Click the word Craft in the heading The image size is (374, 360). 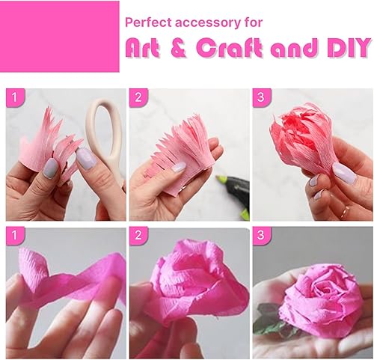click(x=232, y=49)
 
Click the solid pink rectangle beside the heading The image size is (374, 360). click(x=60, y=36)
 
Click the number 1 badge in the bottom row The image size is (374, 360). click(x=14, y=237)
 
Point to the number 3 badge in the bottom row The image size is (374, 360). click(x=261, y=237)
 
